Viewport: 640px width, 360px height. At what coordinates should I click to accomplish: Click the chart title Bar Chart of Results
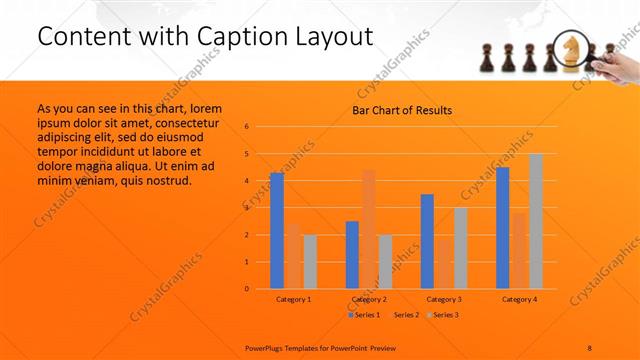tap(401, 110)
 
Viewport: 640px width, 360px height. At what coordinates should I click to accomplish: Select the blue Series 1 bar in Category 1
tap(276, 231)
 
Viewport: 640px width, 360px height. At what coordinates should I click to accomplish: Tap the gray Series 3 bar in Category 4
tap(536, 221)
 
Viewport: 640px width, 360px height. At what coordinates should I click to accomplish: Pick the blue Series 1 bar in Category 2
tap(352, 255)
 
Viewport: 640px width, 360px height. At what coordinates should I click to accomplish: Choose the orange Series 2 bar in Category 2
tap(369, 229)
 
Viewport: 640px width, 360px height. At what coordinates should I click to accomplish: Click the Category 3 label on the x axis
tap(444, 299)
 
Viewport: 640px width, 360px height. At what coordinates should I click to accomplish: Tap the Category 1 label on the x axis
tap(293, 299)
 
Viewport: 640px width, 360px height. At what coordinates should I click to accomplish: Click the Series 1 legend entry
tap(365, 315)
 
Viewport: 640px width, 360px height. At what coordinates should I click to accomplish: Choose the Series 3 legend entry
tap(446, 315)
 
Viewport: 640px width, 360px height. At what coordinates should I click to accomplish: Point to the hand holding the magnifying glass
tap(618, 63)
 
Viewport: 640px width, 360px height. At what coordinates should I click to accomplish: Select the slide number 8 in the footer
tap(589, 347)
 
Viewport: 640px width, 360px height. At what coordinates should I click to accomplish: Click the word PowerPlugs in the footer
tap(267, 347)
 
